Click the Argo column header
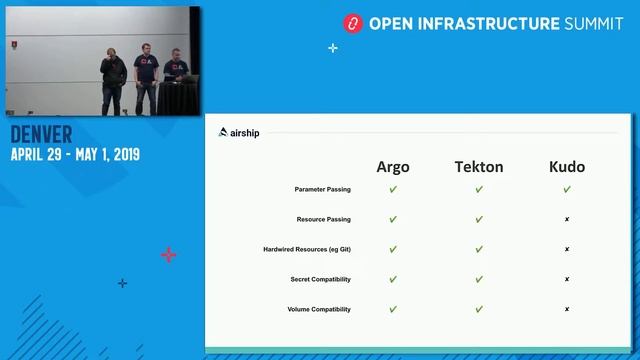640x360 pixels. coord(393,167)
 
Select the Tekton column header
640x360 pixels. coord(479,167)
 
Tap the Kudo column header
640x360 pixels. coord(567,167)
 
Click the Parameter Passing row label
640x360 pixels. coord(322,189)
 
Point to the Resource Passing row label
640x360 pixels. coord(324,219)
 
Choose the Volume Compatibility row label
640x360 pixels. coord(319,309)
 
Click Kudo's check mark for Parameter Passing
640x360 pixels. coord(567,189)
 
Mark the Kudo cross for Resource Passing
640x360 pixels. coord(567,219)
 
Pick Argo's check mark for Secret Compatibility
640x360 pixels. coord(393,279)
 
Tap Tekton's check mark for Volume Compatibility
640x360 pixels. coord(479,309)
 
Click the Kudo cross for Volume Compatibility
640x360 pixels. coord(567,309)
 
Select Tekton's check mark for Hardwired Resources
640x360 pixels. coord(479,249)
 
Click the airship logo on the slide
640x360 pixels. coord(239,132)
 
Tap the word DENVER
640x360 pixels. coord(41,135)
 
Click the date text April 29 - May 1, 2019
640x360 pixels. coord(75,155)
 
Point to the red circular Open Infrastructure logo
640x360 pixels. coord(351,22)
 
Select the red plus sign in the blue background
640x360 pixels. coord(168,255)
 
